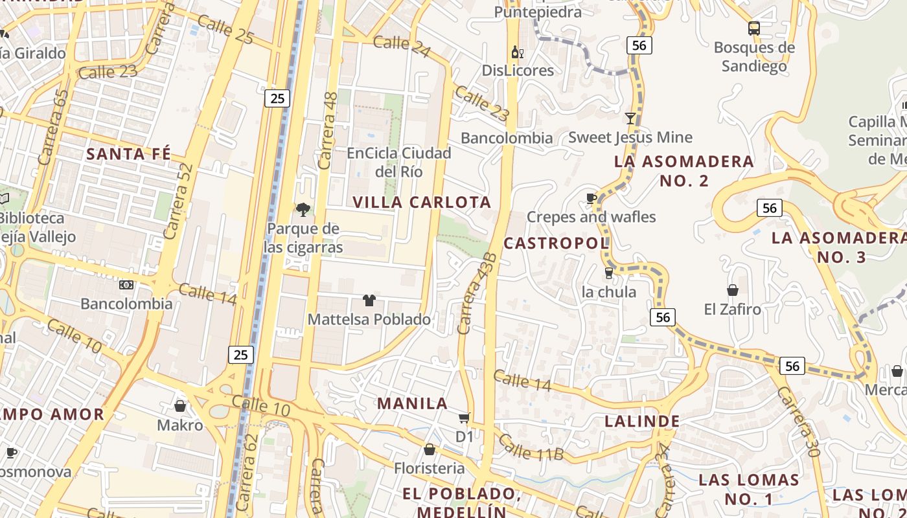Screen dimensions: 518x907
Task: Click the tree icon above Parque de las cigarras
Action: [303, 209]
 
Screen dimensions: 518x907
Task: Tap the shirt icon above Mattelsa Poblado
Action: [369, 300]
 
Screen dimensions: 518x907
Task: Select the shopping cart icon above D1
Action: [464, 418]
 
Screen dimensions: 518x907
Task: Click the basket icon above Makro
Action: [180, 406]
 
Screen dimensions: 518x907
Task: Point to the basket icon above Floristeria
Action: [429, 449]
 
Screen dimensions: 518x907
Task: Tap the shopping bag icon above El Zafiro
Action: [733, 289]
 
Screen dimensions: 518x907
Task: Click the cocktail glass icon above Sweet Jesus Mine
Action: [630, 118]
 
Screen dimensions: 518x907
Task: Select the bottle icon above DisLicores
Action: [517, 52]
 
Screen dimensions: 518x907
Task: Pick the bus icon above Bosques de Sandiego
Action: [753, 28]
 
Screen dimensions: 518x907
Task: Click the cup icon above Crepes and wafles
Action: [591, 198]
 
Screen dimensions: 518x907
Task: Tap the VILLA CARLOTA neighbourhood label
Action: [422, 202]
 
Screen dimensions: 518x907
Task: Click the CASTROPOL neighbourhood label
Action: [557, 243]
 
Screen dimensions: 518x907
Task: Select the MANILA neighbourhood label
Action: [413, 403]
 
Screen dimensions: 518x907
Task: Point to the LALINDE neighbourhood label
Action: [642, 422]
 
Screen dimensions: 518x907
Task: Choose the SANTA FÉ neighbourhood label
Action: [129, 154]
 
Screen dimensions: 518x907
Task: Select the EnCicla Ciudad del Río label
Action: [399, 163]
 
